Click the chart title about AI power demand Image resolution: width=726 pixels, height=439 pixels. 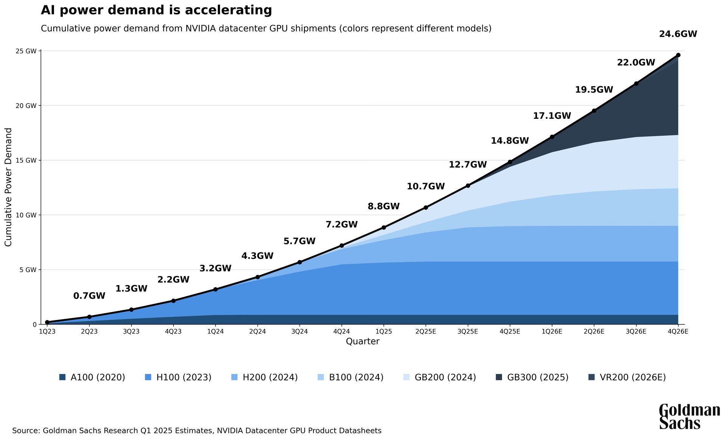156,10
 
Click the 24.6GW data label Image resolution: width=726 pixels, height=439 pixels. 678,34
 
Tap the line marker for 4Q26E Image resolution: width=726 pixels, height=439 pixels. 678,55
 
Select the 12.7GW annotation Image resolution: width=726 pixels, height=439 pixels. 468,164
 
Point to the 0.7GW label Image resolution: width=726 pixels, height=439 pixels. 89,296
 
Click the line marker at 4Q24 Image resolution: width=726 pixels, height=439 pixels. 341,245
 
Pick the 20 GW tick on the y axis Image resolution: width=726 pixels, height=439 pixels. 26,105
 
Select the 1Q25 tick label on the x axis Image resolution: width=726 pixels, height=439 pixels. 383,332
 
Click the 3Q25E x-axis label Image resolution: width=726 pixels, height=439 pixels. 468,332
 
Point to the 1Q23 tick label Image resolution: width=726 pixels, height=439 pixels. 47,332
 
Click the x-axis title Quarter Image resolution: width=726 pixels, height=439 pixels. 362,341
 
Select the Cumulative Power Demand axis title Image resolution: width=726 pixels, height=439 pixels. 8,187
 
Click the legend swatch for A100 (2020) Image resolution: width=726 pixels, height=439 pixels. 62,377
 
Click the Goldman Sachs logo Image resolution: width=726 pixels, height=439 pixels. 689,416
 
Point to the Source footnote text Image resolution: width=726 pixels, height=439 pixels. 197,431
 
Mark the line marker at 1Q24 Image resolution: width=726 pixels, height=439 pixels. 216,289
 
